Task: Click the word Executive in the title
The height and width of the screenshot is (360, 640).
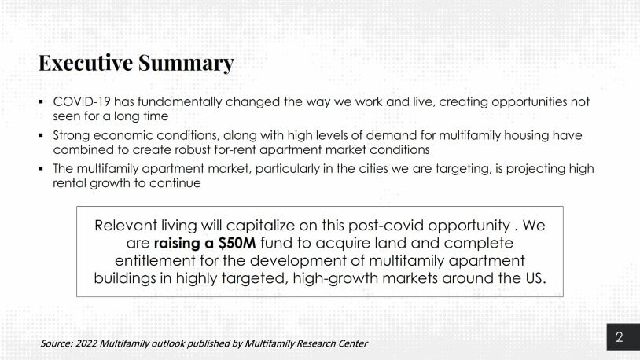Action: tap(86, 63)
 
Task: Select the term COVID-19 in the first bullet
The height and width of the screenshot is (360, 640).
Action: tap(82, 101)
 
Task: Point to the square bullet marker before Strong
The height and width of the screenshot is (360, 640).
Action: tap(41, 135)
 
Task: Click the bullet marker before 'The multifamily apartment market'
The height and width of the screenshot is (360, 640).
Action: tap(41, 168)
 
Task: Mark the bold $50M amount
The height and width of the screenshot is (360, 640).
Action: tap(237, 243)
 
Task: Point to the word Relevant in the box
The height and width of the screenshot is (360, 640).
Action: tap(126, 226)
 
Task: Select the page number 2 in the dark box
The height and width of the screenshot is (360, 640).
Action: tap(620, 336)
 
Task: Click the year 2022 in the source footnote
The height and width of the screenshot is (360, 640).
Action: tap(86, 343)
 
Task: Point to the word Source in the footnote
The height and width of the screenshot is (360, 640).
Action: tap(57, 343)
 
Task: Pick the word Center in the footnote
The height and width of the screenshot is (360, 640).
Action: tap(354, 343)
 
